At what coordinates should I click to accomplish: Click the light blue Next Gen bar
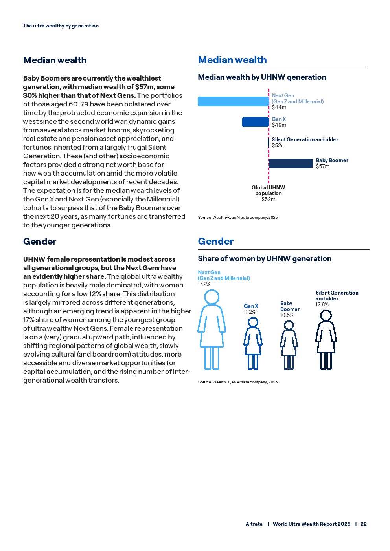[x=233, y=101]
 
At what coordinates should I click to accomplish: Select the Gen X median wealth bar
[x=255, y=122]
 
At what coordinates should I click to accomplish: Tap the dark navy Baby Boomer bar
[x=291, y=163]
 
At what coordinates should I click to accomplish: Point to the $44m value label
[x=279, y=107]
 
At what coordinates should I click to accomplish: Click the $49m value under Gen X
[x=279, y=125]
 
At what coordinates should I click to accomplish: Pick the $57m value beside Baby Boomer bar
[x=323, y=167]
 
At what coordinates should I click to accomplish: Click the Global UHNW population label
[x=269, y=190]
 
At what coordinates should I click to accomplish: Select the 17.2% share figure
[x=204, y=284]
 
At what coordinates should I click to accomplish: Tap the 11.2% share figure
[x=250, y=312]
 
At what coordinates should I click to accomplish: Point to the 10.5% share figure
[x=287, y=315]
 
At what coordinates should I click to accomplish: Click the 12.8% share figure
[x=322, y=304]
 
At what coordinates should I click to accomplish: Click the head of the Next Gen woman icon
[x=212, y=297]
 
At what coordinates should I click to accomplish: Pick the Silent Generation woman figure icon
[x=326, y=340]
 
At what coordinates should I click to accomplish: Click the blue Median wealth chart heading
[x=232, y=60]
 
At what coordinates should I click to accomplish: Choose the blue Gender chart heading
[x=216, y=242]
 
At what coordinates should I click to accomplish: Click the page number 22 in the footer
[x=364, y=524]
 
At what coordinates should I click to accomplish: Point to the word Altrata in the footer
[x=254, y=524]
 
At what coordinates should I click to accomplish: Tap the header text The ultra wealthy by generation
[x=61, y=26]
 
